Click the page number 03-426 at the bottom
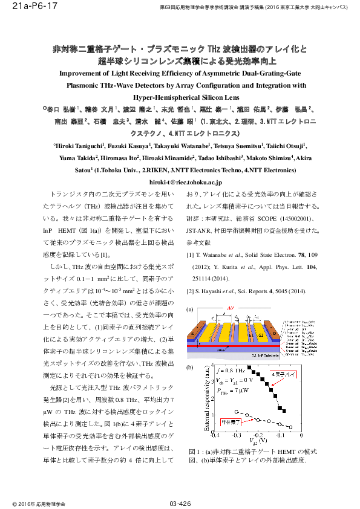pos(180,503)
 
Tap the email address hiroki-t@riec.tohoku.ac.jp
pos(180,181)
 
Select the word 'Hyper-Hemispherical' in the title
pos(163,97)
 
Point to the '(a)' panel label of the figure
pos(190,310)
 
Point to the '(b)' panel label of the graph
pos(190,367)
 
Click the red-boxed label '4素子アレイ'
pos(283,375)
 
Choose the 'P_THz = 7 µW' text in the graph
pos(232,391)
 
